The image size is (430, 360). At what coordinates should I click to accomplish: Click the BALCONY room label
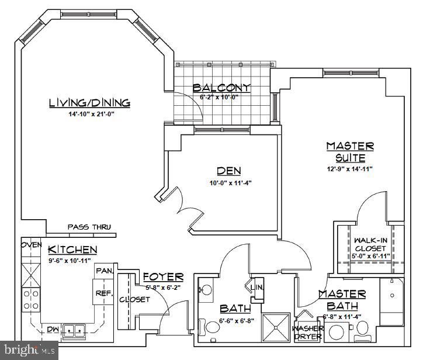(221, 88)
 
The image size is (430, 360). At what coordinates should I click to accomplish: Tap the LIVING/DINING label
(89, 103)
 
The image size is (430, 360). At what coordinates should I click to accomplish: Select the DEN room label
(229, 171)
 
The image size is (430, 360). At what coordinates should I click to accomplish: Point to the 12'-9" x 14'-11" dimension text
(349, 169)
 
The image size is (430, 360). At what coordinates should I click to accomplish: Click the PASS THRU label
(89, 227)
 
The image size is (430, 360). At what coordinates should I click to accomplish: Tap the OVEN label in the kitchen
(32, 245)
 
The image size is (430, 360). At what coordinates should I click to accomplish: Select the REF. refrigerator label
(104, 293)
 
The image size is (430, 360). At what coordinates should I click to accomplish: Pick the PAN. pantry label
(105, 271)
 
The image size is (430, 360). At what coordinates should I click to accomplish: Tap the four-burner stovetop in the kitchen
(31, 300)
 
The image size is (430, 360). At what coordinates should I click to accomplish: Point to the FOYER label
(164, 277)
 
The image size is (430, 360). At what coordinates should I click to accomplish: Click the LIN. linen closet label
(257, 288)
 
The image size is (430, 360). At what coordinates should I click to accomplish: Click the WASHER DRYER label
(308, 333)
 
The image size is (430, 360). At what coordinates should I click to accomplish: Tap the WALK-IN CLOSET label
(370, 244)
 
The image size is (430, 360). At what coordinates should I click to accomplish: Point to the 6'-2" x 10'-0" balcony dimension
(219, 96)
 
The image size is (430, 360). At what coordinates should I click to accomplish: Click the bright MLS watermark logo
(29, 350)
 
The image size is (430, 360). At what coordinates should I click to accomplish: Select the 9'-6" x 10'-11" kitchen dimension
(70, 261)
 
